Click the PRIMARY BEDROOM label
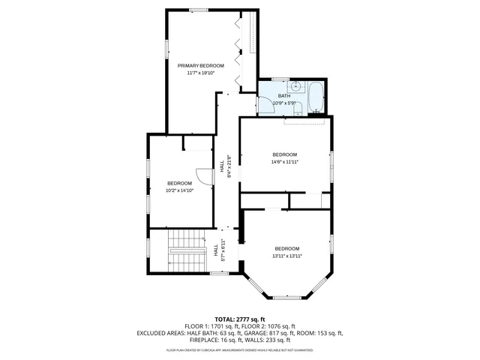click(x=200, y=66)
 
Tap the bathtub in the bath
click(x=316, y=97)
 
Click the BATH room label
click(x=284, y=96)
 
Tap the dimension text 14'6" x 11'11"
click(x=284, y=162)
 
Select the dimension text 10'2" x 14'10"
click(x=179, y=190)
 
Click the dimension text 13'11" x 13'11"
click(x=286, y=256)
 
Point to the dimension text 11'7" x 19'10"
click(x=200, y=73)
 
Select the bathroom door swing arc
click(x=266, y=105)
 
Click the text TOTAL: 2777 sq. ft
click(x=239, y=319)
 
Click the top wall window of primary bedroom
click(x=199, y=9)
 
